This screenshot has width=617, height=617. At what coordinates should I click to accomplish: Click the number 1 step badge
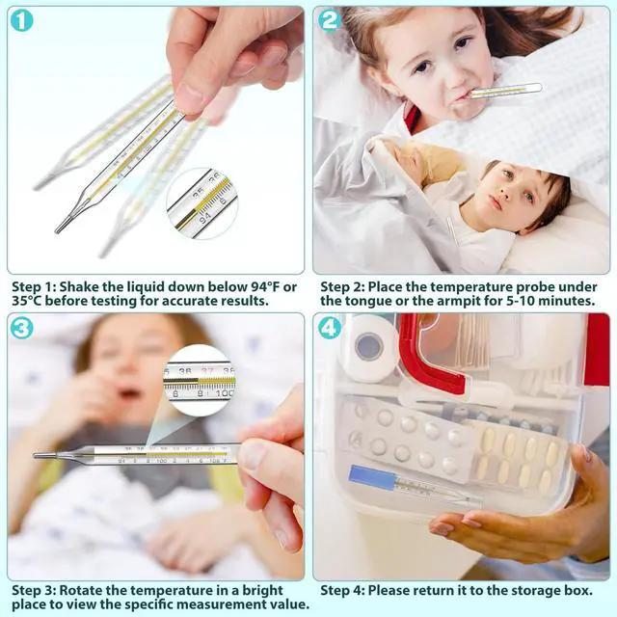tap(22, 20)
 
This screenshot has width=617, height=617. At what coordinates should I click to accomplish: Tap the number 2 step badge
tap(330, 20)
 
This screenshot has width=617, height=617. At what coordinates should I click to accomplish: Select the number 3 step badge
tap(22, 328)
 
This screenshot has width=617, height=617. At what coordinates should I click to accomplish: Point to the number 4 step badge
tap(330, 328)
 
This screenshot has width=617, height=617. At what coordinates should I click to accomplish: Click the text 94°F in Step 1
tap(257, 287)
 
